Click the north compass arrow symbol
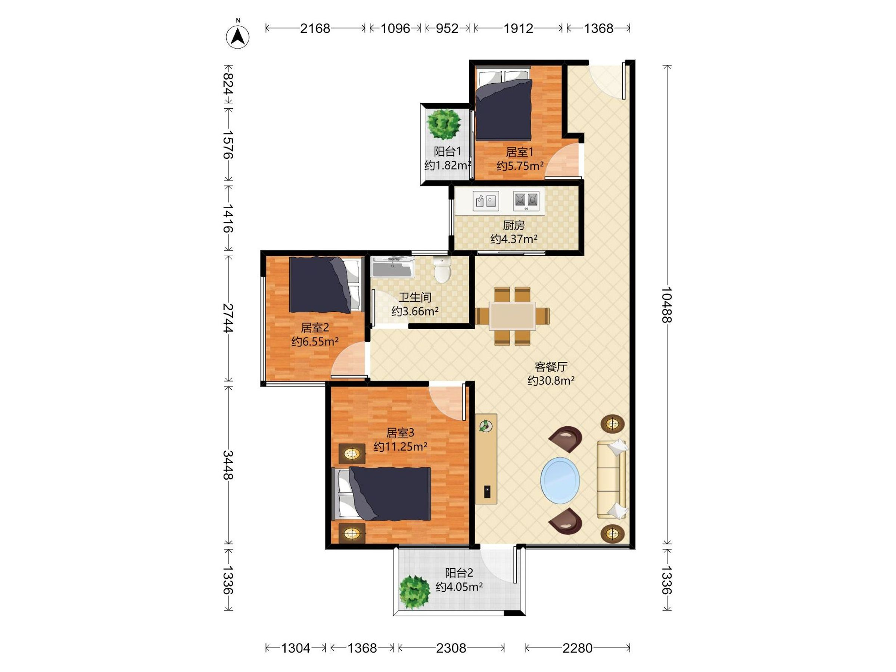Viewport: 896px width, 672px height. (x=238, y=36)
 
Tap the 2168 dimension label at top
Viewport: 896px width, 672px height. (x=315, y=28)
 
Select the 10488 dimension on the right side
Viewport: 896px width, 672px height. (x=666, y=305)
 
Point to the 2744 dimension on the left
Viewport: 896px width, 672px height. (x=228, y=318)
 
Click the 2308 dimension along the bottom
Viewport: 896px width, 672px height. (x=451, y=648)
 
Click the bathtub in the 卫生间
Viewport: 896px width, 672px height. (x=392, y=267)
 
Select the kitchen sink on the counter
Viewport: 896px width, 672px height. (x=486, y=200)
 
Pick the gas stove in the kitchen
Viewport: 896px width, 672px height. (x=526, y=200)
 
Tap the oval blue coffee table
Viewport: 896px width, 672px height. (x=560, y=480)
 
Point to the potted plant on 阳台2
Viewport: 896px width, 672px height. (x=414, y=592)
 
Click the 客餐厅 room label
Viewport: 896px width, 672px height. (x=551, y=367)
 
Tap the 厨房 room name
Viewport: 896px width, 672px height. (x=514, y=225)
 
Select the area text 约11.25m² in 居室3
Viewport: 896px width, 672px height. (x=400, y=447)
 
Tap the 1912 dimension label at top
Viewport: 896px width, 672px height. (x=519, y=28)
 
